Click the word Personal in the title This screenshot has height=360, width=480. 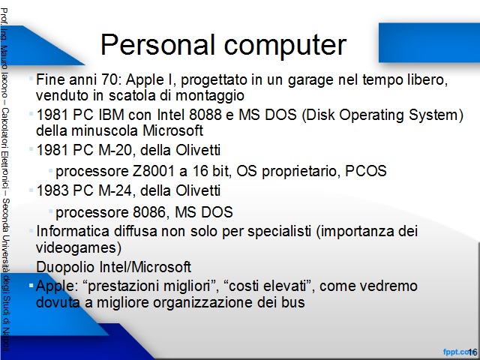tap(157, 45)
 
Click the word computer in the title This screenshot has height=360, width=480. tap(285, 46)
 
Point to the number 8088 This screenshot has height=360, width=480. tap(205, 115)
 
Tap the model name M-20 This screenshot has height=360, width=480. tap(117, 150)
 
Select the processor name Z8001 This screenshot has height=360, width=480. tap(153, 171)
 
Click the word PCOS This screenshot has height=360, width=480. tap(365, 171)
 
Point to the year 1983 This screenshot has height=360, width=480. tap(52, 190)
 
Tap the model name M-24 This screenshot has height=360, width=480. tap(117, 190)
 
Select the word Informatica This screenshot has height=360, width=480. tap(73, 231)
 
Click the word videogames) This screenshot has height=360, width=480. tap(79, 247)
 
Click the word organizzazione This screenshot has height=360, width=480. tap(203, 303)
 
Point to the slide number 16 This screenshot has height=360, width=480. tap(472, 352)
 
